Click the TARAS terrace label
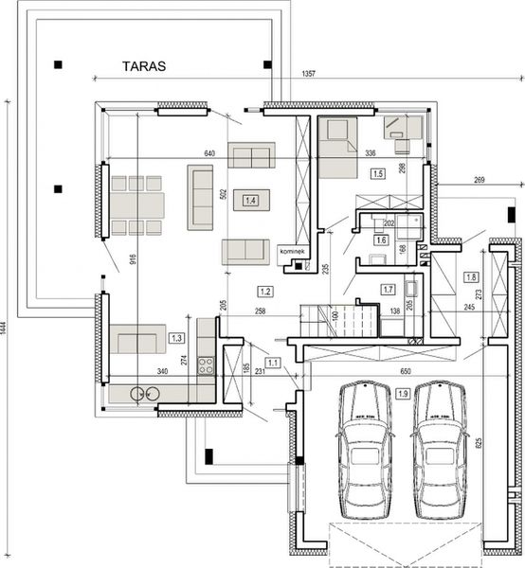[x=144, y=67]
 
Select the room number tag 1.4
[x=251, y=200]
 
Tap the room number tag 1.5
[x=377, y=174]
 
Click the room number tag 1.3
[x=175, y=337]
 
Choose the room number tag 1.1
[x=274, y=362]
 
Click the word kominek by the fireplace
[x=292, y=252]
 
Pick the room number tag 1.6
[x=381, y=241]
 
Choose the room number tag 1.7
[x=389, y=289]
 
